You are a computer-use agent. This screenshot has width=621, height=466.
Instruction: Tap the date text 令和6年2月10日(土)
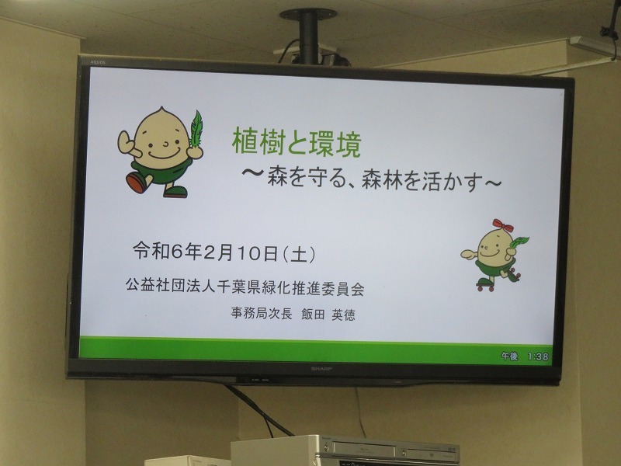tap(224, 252)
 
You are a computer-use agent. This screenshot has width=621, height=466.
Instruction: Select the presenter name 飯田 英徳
tap(328, 315)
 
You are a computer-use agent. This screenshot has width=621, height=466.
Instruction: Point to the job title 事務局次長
tap(262, 314)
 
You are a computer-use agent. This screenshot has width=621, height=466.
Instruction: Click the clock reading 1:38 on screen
tap(538, 356)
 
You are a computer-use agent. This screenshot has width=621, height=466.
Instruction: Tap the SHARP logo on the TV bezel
tap(321, 368)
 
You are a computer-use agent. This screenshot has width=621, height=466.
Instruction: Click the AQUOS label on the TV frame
tap(98, 62)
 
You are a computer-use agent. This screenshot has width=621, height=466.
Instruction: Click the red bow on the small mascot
tap(502, 225)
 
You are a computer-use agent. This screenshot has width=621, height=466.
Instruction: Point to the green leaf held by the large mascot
tap(196, 129)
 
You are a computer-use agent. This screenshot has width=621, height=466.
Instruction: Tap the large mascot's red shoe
tap(137, 183)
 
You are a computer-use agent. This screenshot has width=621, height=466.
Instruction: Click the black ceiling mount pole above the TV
tap(308, 37)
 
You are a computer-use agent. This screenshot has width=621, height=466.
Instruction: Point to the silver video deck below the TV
tap(345, 450)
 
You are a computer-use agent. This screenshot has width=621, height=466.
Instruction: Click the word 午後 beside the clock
tap(510, 356)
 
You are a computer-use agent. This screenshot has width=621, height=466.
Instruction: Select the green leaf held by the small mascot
tap(519, 242)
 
